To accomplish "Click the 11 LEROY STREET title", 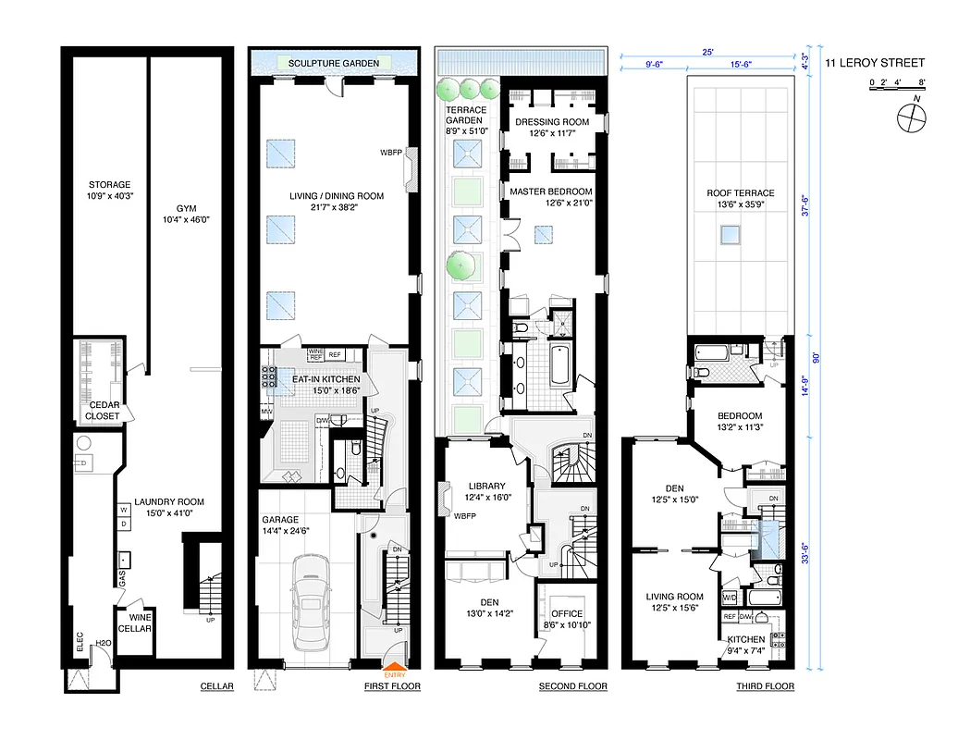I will [887, 63].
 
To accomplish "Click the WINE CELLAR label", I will [141, 623].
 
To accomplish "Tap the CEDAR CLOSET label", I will [104, 410].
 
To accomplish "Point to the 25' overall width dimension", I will [709, 53].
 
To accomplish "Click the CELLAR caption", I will [217, 686].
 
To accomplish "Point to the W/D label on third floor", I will [729, 596].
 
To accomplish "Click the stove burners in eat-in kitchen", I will [271, 378].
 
